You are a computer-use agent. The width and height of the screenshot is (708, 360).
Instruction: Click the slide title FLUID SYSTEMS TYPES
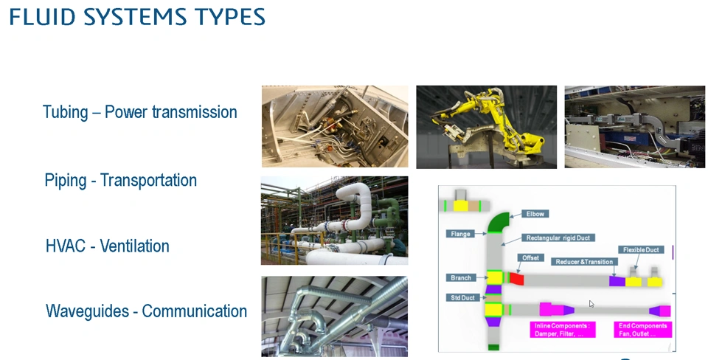click(x=137, y=17)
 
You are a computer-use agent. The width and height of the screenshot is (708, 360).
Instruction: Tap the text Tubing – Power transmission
click(x=140, y=112)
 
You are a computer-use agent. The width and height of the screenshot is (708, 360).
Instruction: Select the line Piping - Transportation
click(x=120, y=180)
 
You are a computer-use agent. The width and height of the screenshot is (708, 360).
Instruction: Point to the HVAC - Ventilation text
click(x=108, y=246)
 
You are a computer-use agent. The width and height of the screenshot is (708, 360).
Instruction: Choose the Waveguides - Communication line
click(x=146, y=311)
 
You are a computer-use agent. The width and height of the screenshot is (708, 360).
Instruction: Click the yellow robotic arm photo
click(x=486, y=127)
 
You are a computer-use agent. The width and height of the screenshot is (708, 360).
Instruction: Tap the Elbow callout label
click(x=535, y=214)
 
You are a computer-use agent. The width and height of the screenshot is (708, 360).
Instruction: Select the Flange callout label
click(x=460, y=234)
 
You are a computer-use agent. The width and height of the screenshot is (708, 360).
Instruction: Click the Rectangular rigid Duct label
click(x=558, y=238)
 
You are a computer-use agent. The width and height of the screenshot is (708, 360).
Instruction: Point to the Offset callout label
click(x=530, y=258)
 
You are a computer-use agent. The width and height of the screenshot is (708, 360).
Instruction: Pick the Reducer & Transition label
click(x=584, y=262)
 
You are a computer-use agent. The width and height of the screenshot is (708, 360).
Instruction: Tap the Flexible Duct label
click(x=641, y=250)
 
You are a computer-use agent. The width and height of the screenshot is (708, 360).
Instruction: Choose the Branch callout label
click(x=460, y=278)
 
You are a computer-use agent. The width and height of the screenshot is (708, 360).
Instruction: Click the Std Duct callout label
click(x=463, y=298)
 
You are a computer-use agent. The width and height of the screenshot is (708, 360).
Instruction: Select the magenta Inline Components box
click(x=563, y=330)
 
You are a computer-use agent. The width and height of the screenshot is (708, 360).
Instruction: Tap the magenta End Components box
click(x=643, y=330)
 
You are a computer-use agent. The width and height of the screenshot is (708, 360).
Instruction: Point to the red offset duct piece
click(x=516, y=278)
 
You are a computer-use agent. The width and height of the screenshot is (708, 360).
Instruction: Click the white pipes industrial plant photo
click(x=335, y=221)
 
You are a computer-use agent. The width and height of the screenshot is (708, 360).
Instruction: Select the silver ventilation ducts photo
click(x=335, y=316)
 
